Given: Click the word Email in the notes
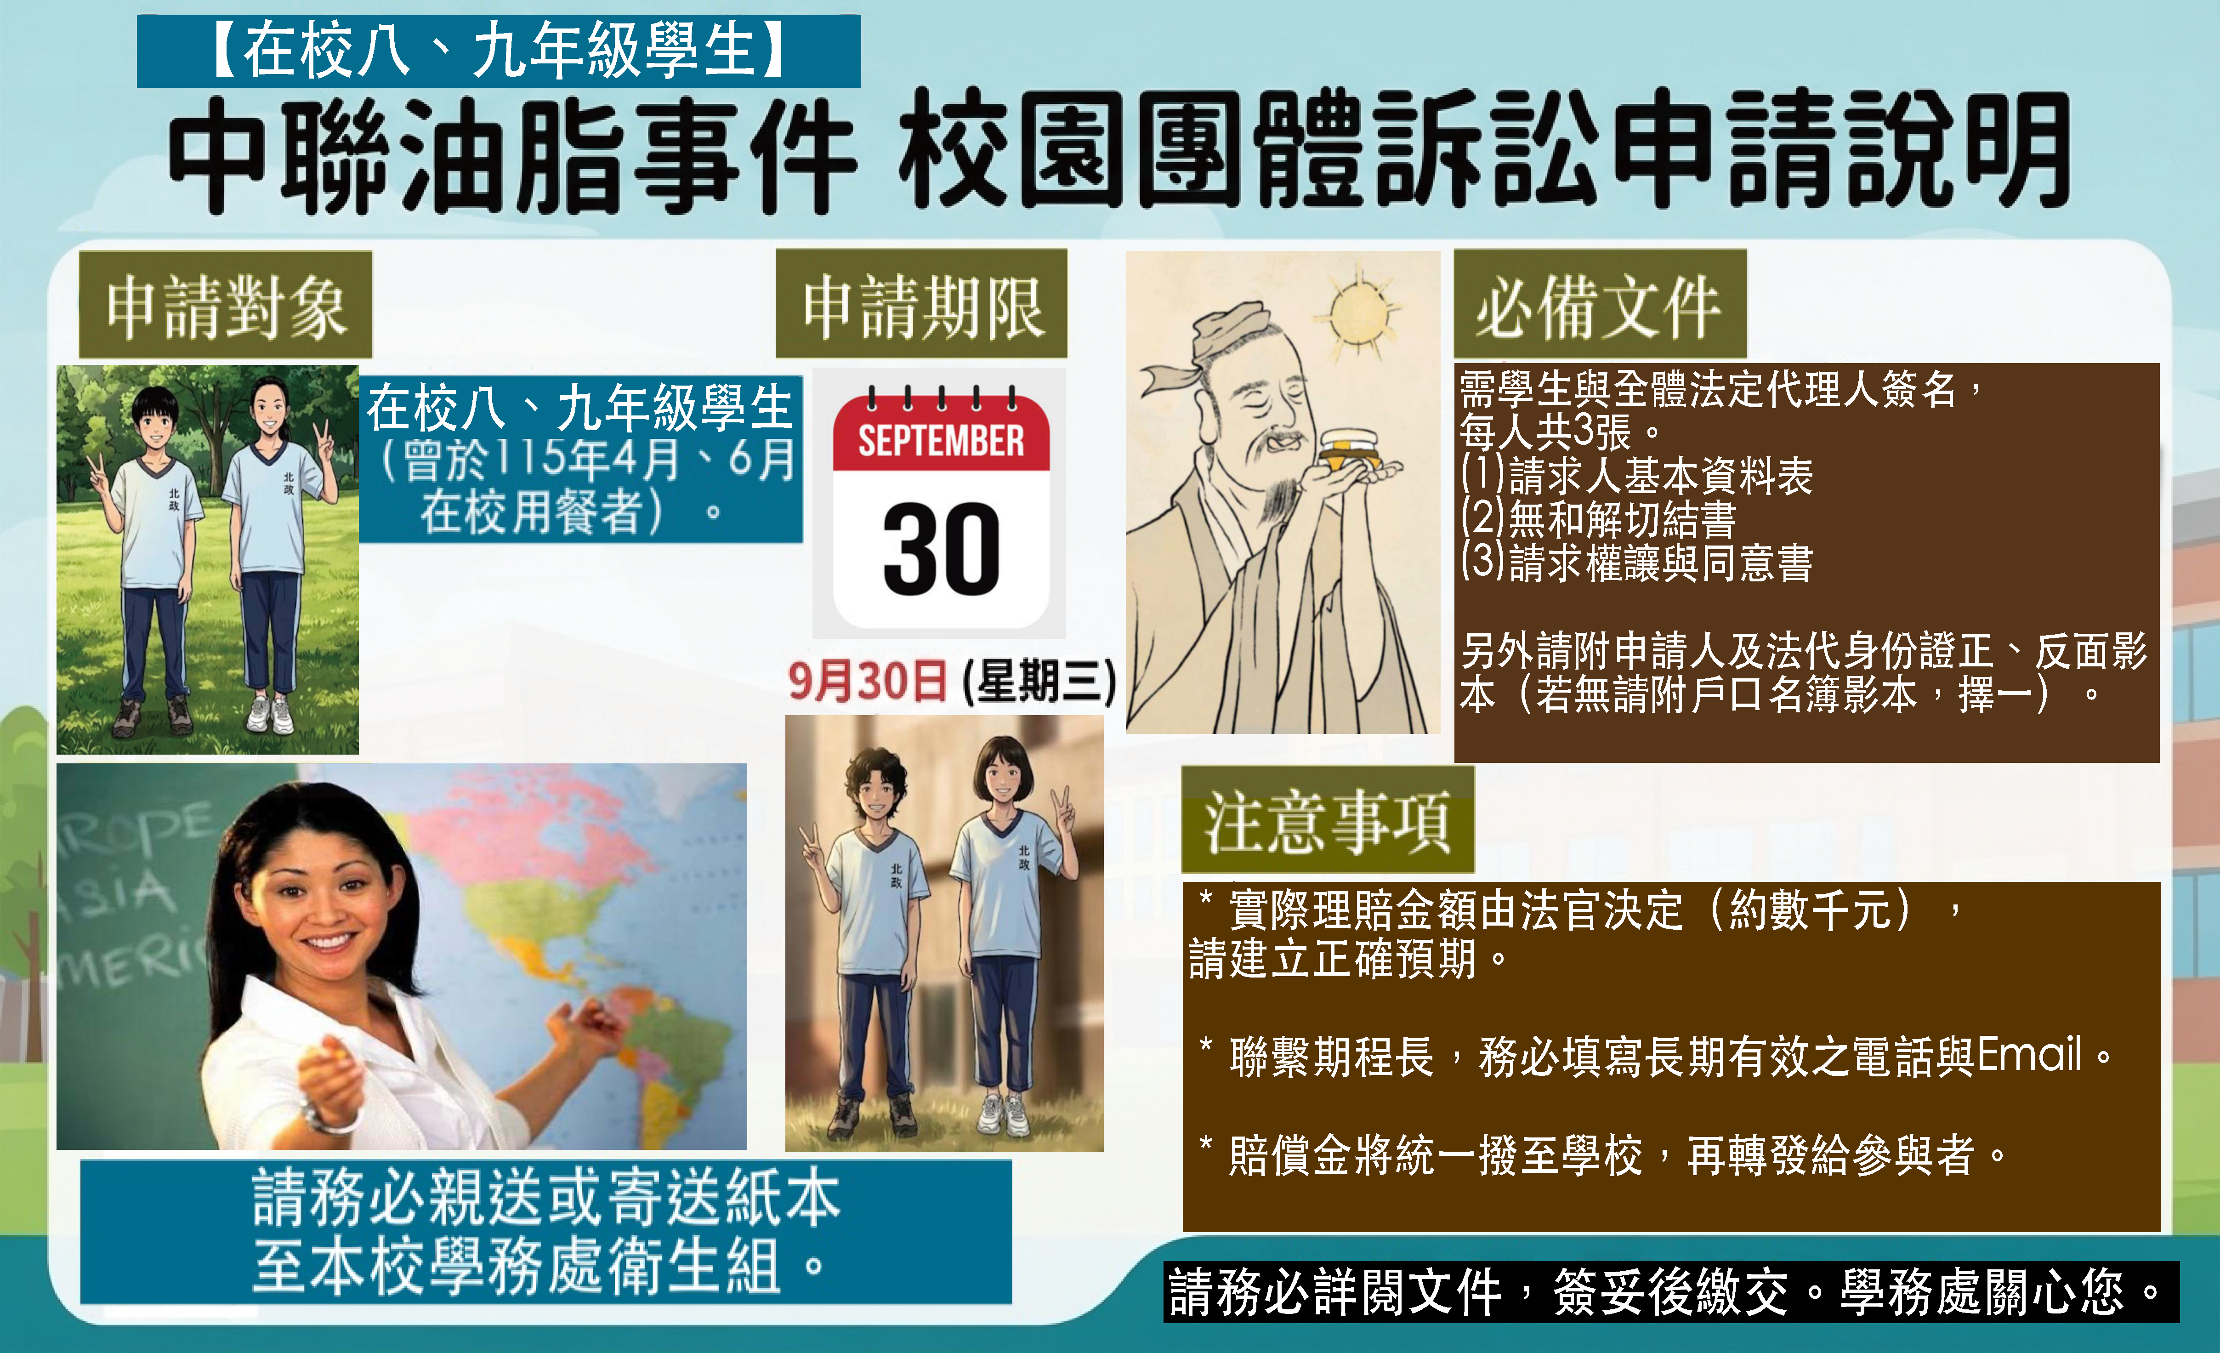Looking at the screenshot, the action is pos(2029,1055).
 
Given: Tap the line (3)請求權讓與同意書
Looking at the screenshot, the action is pos(1636,562).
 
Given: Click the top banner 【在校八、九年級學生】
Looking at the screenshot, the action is pos(498,51).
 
